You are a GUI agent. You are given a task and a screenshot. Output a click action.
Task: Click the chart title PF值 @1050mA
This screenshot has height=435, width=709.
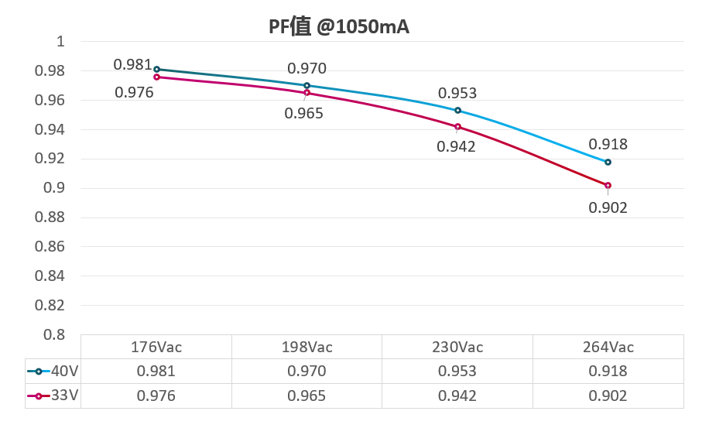[339, 28]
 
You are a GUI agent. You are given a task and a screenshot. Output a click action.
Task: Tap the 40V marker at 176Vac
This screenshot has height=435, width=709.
[157, 70]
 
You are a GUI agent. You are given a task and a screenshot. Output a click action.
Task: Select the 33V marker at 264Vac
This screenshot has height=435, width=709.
[608, 186]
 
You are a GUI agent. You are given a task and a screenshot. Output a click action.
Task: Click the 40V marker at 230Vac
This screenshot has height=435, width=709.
[457, 111]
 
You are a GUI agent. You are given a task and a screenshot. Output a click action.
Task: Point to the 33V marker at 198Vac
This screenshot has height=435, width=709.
[307, 93]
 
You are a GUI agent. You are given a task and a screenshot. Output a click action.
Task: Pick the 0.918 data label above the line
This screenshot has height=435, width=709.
[608, 145]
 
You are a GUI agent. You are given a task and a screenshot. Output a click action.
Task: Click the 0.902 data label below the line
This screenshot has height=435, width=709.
[608, 207]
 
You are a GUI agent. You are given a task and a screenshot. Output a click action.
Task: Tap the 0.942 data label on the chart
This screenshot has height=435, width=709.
[456, 146]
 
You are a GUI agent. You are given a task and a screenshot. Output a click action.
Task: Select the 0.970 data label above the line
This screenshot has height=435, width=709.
[307, 69]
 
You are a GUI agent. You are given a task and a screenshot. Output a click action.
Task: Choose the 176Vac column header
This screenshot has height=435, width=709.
[156, 347]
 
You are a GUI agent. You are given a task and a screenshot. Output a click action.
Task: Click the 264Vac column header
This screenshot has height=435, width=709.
[608, 347]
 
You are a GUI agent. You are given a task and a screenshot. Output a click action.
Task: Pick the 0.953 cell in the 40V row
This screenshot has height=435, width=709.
[457, 372]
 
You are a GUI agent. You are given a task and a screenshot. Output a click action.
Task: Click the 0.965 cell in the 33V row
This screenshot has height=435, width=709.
[307, 396]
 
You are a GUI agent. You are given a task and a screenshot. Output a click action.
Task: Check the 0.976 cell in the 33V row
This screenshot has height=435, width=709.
[156, 396]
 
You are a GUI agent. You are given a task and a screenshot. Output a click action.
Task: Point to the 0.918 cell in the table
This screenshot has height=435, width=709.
[608, 372]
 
